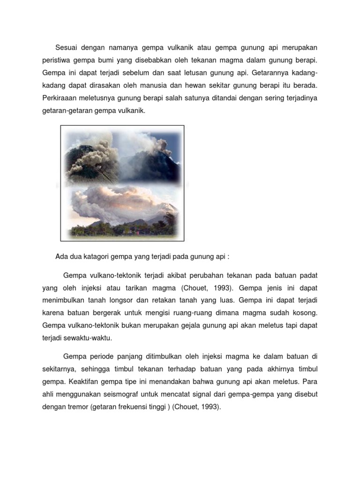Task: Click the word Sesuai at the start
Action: pyautogui.click(x=67, y=48)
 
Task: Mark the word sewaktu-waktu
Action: pyautogui.click(x=87, y=338)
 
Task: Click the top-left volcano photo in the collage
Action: pyautogui.click(x=91, y=156)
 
